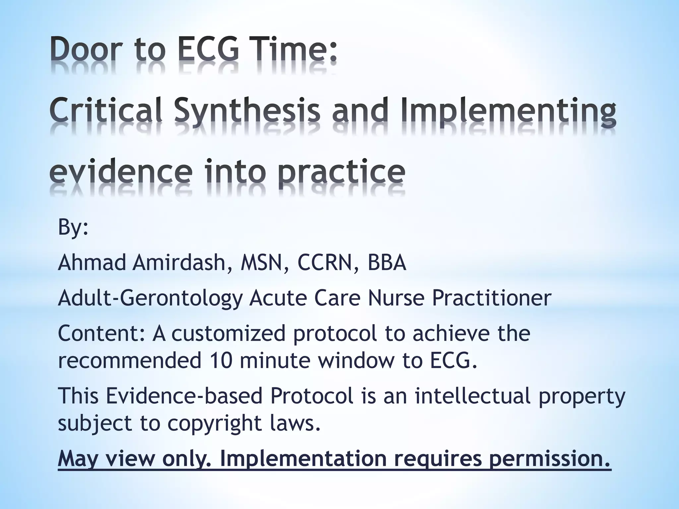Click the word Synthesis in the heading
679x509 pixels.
click(x=247, y=111)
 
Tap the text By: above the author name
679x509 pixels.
click(x=73, y=227)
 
